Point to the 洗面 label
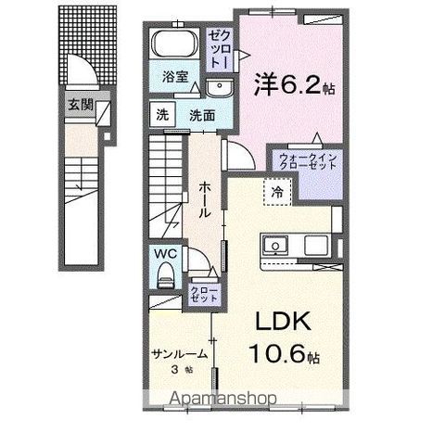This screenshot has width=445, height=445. point(203,116)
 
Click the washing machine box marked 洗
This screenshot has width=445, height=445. point(162,116)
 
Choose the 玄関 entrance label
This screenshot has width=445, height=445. point(80,104)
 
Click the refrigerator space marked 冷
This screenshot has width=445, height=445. point(278,192)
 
